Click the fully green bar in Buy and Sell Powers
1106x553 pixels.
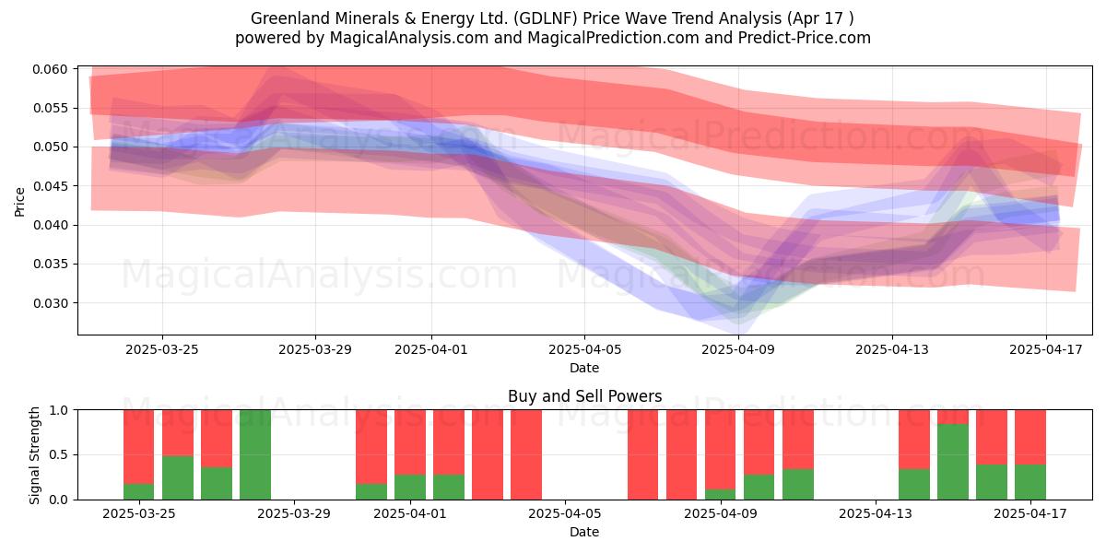[255, 454]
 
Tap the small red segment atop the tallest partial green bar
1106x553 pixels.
[953, 417]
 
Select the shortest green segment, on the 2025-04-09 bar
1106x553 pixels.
[720, 494]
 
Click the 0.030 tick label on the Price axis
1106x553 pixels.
[50, 303]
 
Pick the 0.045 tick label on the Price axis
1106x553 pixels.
[50, 186]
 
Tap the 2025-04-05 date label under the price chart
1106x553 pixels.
[584, 349]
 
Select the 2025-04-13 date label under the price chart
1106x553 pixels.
[892, 349]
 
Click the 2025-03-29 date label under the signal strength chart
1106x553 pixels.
[294, 514]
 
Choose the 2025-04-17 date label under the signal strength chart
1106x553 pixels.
[1030, 514]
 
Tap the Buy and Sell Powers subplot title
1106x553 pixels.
[584, 396]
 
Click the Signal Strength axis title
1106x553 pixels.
[34, 455]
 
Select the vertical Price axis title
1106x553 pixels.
[19, 202]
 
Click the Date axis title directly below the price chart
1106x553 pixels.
[584, 368]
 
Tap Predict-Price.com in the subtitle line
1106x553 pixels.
[805, 38]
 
